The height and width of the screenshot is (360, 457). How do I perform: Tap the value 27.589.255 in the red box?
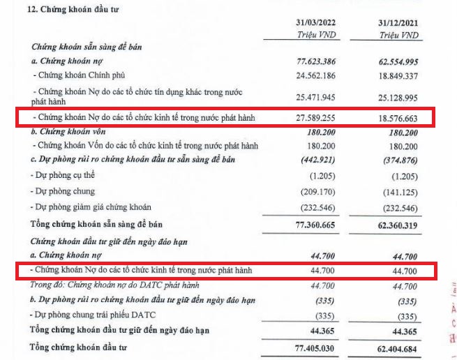[317, 119]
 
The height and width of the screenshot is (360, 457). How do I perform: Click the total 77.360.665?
[317, 225]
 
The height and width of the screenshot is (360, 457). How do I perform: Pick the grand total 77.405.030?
[317, 347]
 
